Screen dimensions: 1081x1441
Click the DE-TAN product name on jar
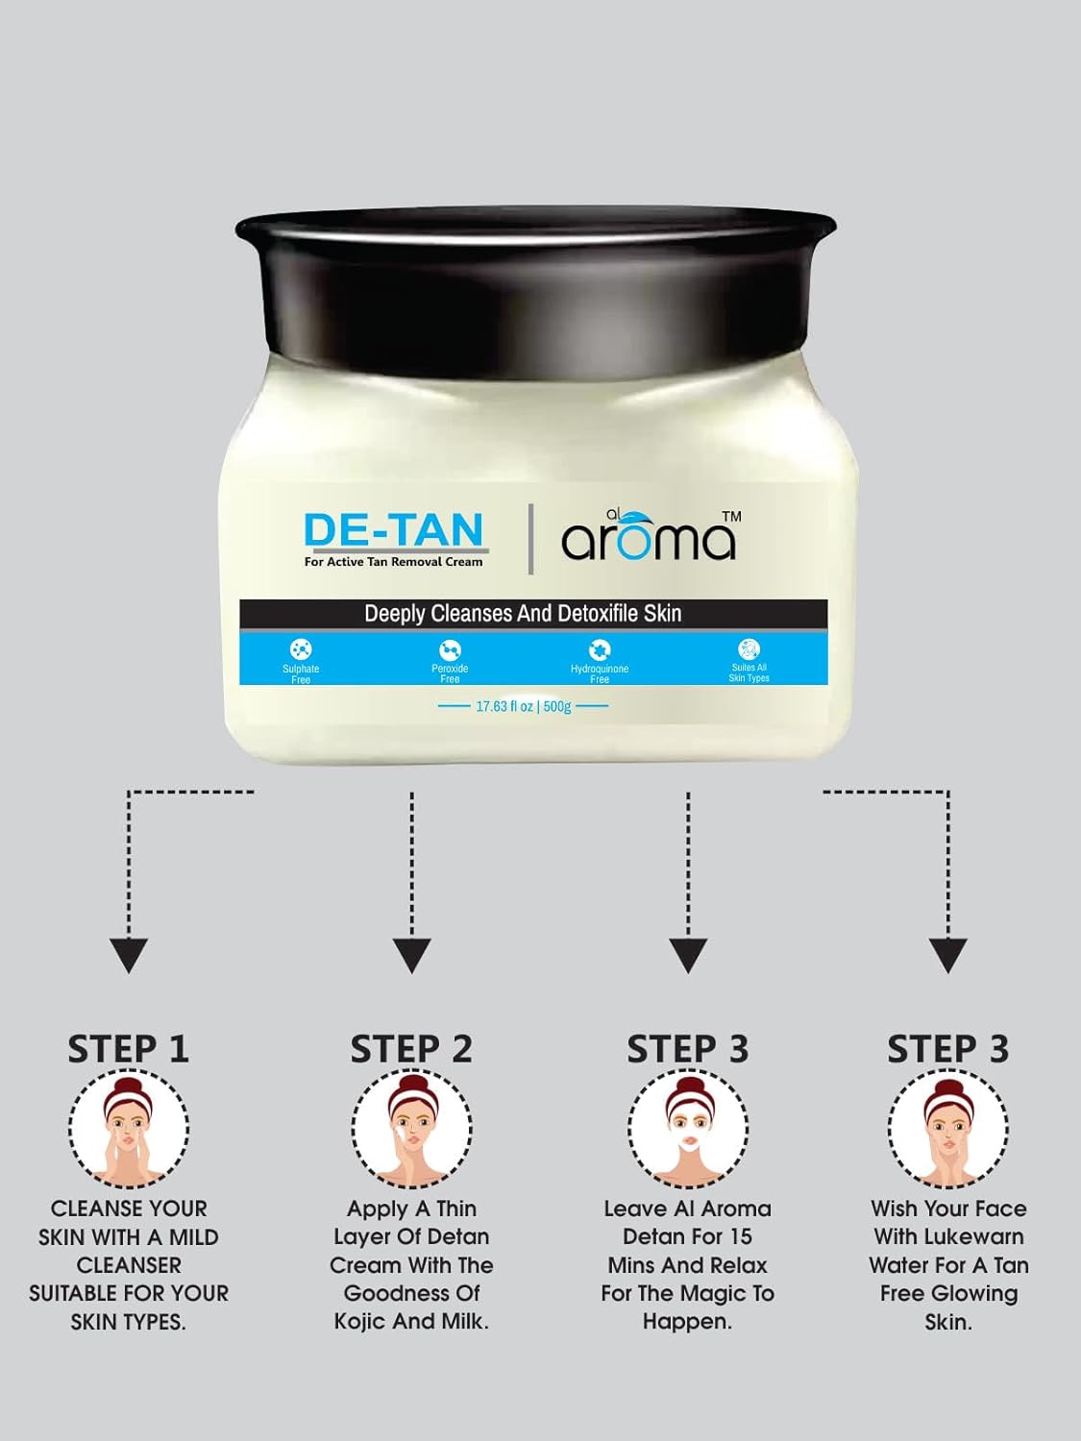pos(394,529)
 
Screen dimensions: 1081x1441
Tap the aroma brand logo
pos(648,536)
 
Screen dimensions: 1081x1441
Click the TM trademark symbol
pos(731,516)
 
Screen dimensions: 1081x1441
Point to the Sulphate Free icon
pos(301,649)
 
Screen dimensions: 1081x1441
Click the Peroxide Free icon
pos(450,649)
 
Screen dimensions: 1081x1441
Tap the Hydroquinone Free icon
pos(600,649)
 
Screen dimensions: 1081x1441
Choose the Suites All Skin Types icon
pos(749,648)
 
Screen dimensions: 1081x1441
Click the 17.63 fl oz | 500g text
pos(523,706)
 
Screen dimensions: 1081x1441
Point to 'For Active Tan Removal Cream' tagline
pos(393,562)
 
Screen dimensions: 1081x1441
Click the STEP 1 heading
pos(129,1049)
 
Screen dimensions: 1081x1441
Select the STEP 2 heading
pos(411,1049)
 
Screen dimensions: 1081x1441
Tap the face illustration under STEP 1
pos(129,1129)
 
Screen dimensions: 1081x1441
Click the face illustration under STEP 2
pos(411,1129)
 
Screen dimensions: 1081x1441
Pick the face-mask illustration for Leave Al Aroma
pos(688,1129)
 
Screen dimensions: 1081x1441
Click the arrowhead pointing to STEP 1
pos(129,956)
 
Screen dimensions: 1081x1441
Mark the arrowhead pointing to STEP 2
pos(411,956)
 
